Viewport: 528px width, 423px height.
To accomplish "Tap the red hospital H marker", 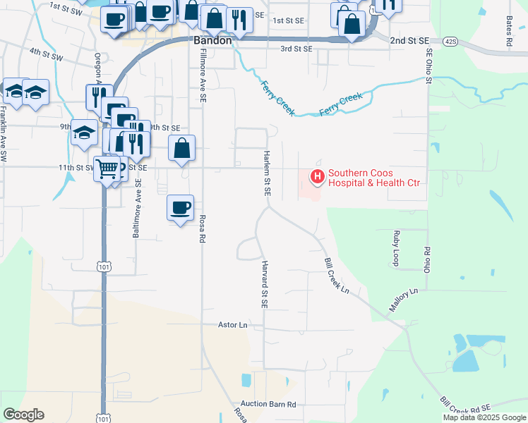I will point(317,176).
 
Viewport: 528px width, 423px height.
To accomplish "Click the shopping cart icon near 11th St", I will point(107,168).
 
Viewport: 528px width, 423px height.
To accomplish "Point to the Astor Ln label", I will point(233,325).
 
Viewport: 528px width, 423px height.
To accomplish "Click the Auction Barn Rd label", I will point(268,405).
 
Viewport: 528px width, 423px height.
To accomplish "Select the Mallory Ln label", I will point(404,300).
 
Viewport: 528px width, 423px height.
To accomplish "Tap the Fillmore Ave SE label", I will point(202,76).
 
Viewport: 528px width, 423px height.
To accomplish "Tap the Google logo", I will point(23,415).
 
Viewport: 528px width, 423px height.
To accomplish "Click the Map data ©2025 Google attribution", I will point(484,417).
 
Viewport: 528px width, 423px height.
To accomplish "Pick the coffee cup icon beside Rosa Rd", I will point(180,207).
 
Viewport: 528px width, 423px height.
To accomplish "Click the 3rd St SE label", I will point(296,49).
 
